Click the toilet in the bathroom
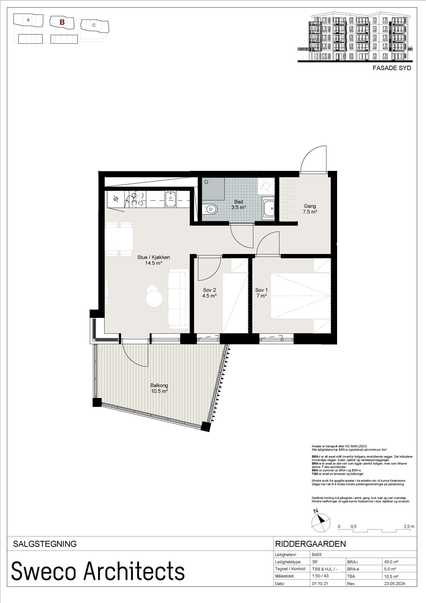pos(210,209)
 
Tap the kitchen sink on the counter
pos(170,199)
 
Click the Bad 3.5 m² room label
pos(238,205)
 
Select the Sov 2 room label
pos(209,293)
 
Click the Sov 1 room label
pos(261,293)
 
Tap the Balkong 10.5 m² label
pos(159,388)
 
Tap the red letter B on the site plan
pos(62,22)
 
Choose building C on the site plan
pos(94,26)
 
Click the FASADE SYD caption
pos(392,68)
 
